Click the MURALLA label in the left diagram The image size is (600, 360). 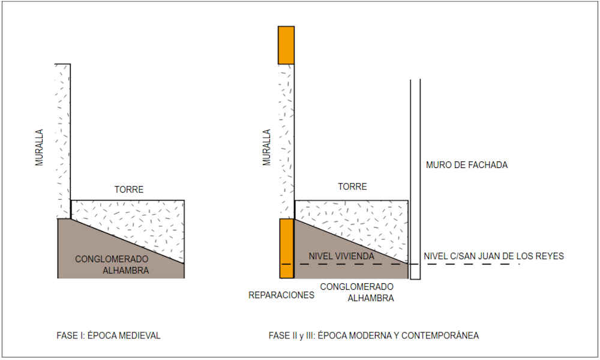point(40,147)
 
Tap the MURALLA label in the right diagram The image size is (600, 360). point(267,147)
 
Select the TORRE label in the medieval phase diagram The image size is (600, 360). point(129,190)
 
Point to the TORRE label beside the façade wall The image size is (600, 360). point(352,187)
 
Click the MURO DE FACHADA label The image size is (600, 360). point(466,165)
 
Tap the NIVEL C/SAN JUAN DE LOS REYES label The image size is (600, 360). point(494,256)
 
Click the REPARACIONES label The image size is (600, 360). point(281,295)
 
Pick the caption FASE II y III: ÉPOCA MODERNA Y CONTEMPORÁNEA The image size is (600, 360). point(374,335)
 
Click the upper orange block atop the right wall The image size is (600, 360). point(286,45)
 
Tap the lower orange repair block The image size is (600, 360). point(287,248)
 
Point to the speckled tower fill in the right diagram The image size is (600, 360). point(360,219)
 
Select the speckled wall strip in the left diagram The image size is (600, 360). point(63,138)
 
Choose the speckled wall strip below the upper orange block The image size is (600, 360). point(286,138)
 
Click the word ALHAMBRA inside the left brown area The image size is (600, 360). point(126,271)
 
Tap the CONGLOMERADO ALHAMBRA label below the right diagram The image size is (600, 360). point(357,292)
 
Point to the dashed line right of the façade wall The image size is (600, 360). point(468,264)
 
